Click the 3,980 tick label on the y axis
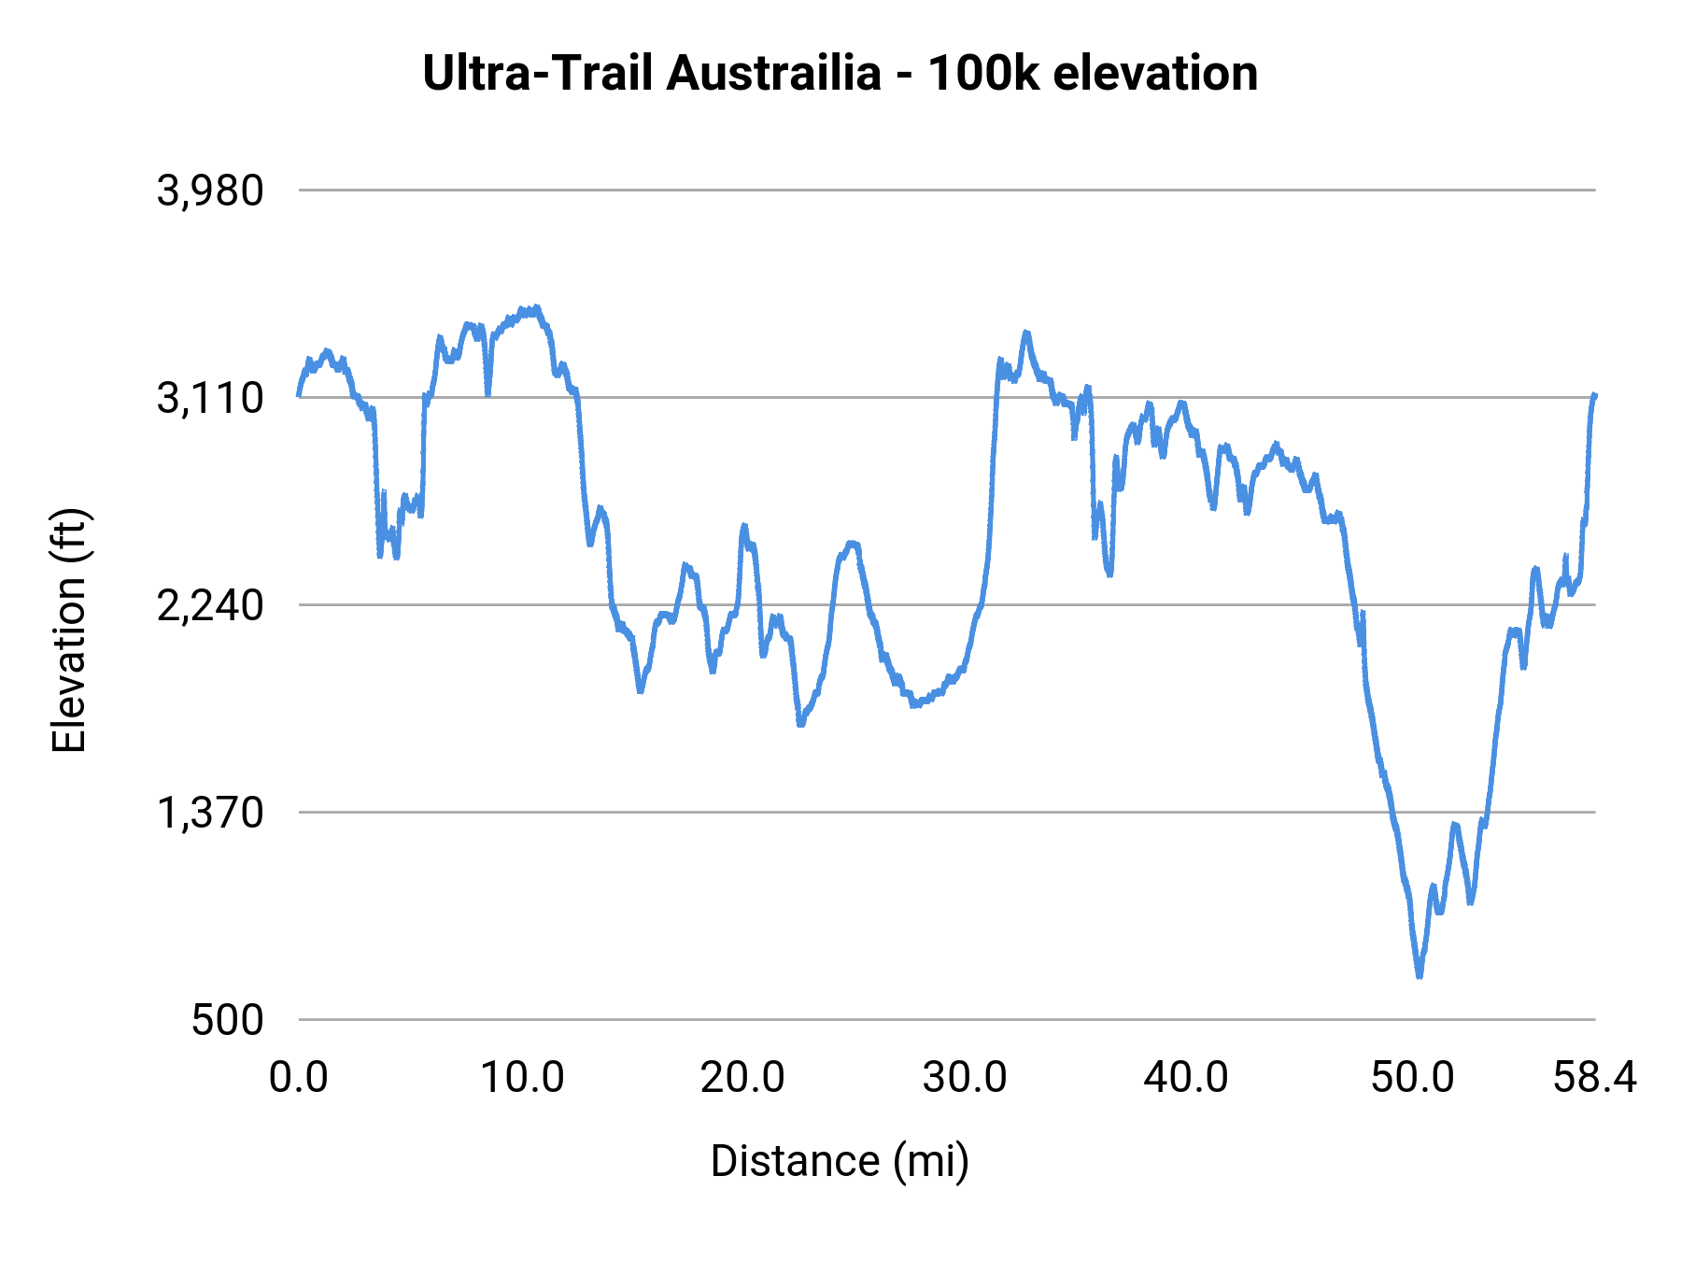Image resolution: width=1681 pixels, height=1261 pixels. [210, 191]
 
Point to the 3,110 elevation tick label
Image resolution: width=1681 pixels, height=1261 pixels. [210, 399]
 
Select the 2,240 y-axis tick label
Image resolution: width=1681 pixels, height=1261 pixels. [210, 606]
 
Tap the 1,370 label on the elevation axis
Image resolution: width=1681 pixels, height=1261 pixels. [210, 814]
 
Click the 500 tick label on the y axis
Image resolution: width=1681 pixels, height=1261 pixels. [228, 1021]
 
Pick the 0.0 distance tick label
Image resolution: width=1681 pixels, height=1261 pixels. [299, 1078]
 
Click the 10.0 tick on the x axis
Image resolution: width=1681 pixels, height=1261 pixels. [522, 1078]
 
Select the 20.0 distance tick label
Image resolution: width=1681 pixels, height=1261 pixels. [743, 1078]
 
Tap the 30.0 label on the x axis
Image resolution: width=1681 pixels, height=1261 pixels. [965, 1078]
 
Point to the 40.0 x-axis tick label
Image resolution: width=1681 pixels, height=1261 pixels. [1186, 1078]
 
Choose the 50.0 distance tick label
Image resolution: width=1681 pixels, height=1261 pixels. [1412, 1078]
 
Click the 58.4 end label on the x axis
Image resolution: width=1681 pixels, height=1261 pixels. [1594, 1078]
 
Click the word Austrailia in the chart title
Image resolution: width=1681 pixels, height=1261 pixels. [773, 74]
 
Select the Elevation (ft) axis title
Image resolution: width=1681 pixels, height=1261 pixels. [69, 630]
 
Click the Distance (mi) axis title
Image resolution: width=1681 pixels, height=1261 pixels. [840, 1161]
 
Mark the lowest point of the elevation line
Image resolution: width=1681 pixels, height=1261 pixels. [1420, 975]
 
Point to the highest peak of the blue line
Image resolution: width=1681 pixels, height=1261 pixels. [536, 307]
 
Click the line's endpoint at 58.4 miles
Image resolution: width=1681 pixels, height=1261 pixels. [1595, 395]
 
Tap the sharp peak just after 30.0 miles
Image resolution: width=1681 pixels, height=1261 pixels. [1025, 333]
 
